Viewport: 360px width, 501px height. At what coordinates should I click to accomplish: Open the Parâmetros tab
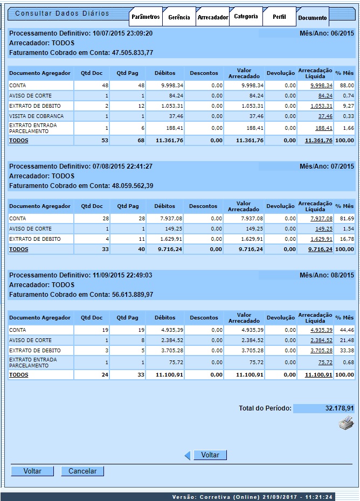tap(146, 17)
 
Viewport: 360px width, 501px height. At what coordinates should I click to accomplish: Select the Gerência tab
tap(179, 17)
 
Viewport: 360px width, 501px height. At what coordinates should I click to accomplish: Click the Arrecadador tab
tap(213, 17)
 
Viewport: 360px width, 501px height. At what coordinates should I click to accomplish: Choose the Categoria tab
tap(246, 17)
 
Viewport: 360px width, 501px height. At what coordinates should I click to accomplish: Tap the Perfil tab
tap(280, 17)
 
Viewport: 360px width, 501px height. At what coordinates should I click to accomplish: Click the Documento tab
tap(313, 18)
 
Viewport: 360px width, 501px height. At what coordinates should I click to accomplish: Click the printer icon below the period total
tap(345, 423)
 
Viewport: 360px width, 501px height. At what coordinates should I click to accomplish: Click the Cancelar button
tap(82, 471)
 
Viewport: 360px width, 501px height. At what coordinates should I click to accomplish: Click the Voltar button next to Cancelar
tap(32, 471)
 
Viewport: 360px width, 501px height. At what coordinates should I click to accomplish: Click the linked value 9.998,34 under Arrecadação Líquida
tap(321, 85)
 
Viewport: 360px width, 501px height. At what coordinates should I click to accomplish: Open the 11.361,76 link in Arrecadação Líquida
tap(319, 141)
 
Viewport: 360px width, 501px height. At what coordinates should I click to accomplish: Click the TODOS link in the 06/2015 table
tap(19, 141)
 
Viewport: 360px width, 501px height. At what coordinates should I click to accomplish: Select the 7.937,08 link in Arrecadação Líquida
tap(321, 219)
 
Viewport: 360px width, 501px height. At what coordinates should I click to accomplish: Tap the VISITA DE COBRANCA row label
tap(36, 116)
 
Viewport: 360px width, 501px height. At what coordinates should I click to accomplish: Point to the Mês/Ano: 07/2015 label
tap(327, 166)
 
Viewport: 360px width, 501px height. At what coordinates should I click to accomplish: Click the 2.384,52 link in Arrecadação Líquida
tap(321, 340)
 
